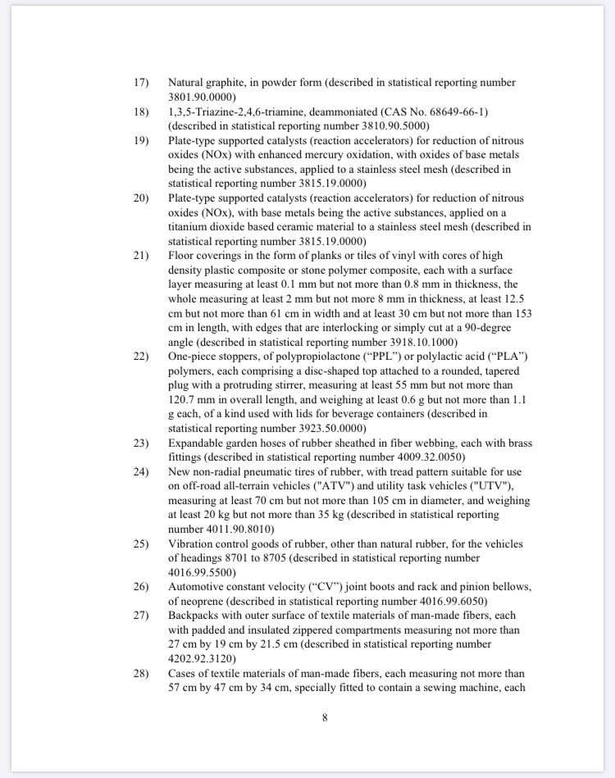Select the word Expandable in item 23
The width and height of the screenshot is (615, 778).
pyautogui.click(x=197, y=444)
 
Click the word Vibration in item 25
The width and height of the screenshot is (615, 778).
pyautogui.click(x=193, y=544)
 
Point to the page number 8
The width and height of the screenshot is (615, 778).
pyautogui.click(x=325, y=719)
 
